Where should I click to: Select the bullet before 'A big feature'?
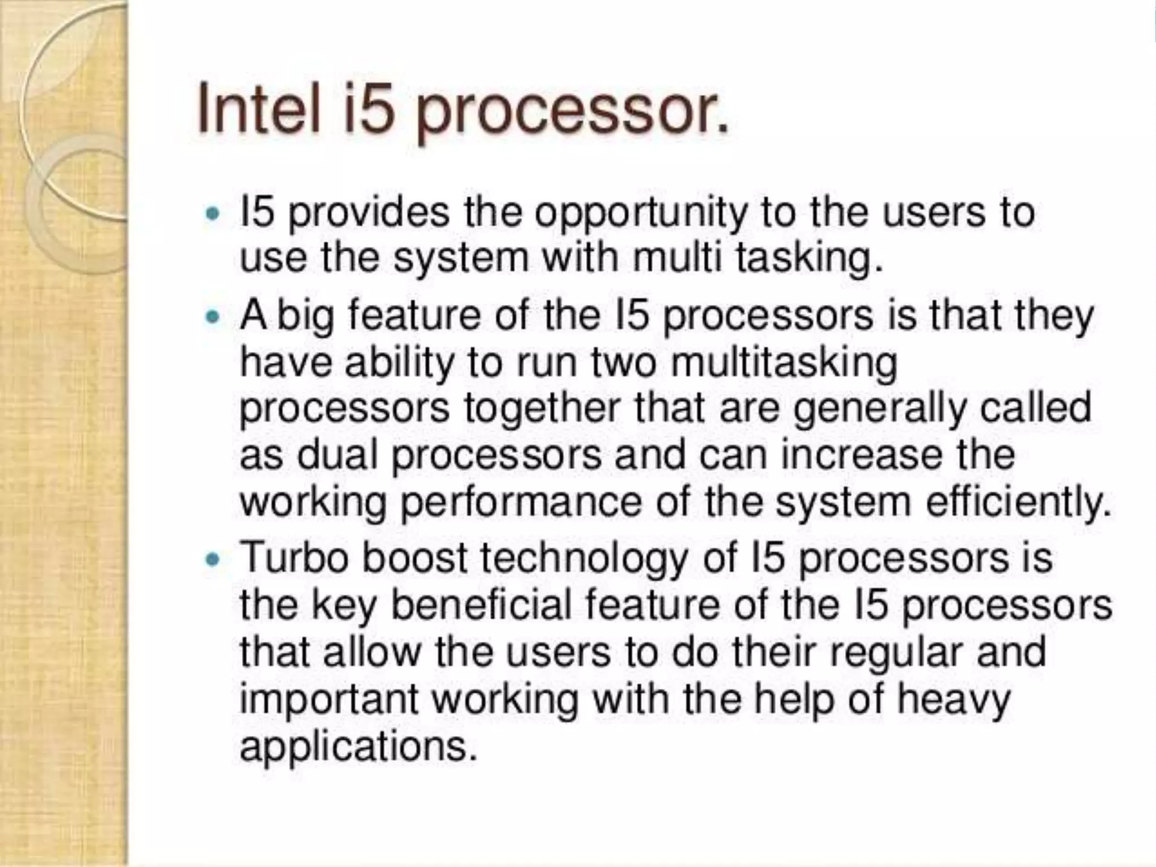coord(212,318)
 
